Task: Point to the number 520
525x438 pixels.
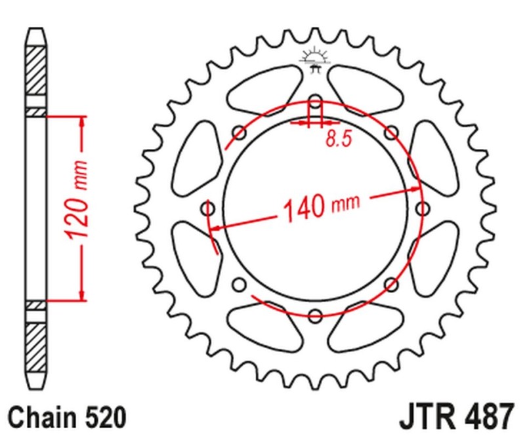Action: click(x=102, y=416)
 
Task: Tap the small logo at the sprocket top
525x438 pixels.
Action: click(x=314, y=58)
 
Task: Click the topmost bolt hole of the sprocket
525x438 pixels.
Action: click(x=315, y=102)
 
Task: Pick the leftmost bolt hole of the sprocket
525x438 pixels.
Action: click(x=209, y=208)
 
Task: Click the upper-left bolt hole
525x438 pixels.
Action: click(x=240, y=133)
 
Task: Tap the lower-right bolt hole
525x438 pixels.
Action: click(x=390, y=283)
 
